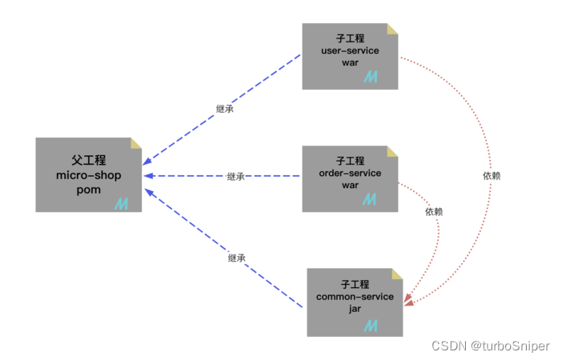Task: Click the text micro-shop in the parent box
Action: (x=88, y=175)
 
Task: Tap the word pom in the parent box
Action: (x=88, y=190)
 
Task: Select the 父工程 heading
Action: (x=88, y=160)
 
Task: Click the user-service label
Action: (x=350, y=50)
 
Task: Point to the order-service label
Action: (x=350, y=173)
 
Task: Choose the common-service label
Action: (x=355, y=297)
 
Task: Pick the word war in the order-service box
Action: (x=350, y=185)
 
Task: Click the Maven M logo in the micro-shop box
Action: (x=122, y=204)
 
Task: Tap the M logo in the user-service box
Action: (x=371, y=77)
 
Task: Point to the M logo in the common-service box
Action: (x=371, y=325)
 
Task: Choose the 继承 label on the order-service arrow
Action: (x=235, y=177)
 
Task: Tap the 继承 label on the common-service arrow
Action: (x=236, y=258)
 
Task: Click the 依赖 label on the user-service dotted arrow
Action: (x=492, y=175)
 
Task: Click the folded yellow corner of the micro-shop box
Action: (x=136, y=143)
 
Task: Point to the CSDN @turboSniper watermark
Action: (x=491, y=346)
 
